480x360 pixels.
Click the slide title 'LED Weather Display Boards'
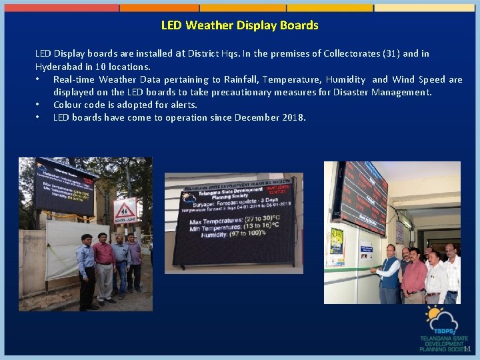coord(239,25)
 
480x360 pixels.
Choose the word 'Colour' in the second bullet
coord(68,105)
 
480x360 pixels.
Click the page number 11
coord(467,349)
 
